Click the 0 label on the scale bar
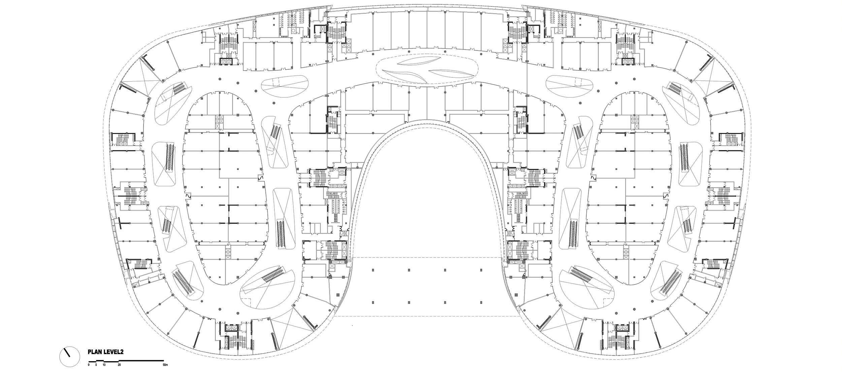point(89,365)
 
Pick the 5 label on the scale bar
point(96,365)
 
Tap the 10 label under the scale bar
point(104,365)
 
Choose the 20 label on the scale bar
point(119,365)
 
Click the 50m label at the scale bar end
point(164,365)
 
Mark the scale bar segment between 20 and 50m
point(141,361)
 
